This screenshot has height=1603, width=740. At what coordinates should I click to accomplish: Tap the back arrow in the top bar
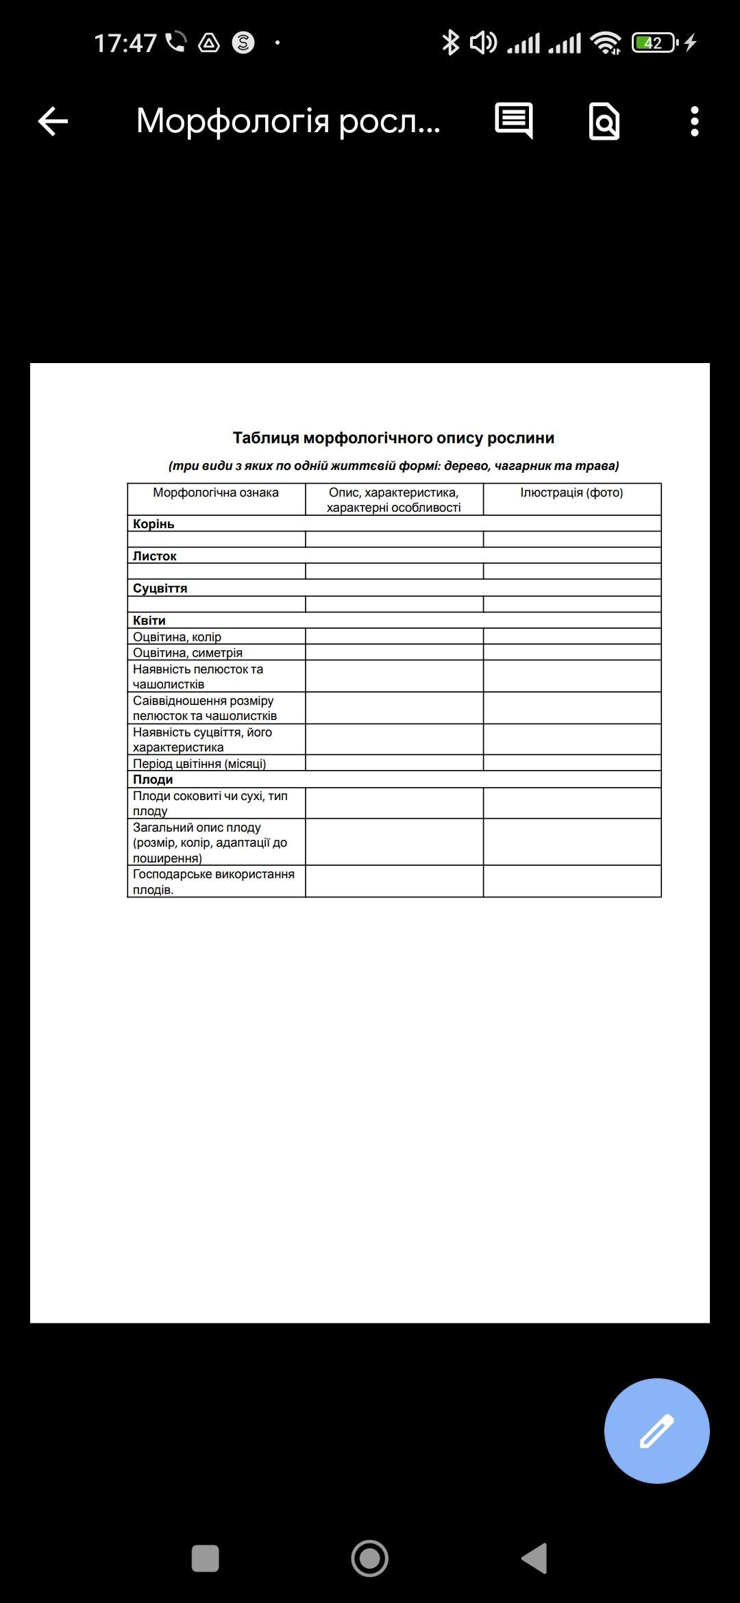pos(53,122)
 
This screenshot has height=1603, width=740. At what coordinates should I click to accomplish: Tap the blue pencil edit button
pos(656,1430)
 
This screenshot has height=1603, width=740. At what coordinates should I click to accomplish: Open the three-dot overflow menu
pos(694,121)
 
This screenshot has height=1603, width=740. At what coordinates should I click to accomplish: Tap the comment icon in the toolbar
pos(514,121)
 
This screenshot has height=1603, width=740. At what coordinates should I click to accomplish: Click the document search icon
pos(604,122)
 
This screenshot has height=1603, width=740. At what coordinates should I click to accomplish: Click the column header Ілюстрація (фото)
pos(571,493)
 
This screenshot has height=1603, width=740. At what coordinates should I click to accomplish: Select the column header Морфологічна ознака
pos(216,493)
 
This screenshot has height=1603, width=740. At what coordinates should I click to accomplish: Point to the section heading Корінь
pos(153,524)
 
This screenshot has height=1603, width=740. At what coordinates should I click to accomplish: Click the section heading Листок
pos(155,556)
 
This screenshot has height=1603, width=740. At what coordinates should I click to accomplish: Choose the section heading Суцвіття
pos(160,588)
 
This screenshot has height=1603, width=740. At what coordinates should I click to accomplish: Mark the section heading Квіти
pos(149,621)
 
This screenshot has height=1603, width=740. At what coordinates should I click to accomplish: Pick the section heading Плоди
pos(153,780)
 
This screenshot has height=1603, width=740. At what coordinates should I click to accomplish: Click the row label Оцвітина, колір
pos(177,637)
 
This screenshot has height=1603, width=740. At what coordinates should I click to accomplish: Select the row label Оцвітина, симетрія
pos(188,653)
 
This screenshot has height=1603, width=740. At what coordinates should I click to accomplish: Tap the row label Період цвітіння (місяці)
pos(199,764)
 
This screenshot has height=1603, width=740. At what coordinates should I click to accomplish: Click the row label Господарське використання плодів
pos(213,882)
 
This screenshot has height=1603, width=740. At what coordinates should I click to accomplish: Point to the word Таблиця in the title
pos(266,438)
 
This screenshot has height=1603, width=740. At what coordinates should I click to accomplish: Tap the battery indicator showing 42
pos(654,43)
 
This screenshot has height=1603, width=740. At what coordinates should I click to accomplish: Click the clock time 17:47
pos(125,43)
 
